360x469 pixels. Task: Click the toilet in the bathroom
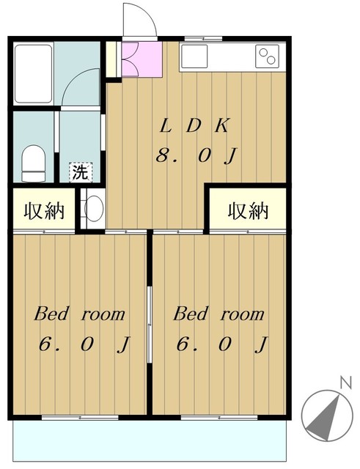pos(34,163)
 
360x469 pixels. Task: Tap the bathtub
pos(33,73)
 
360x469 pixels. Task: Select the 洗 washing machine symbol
pos(81,172)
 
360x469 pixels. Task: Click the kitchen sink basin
pos(194,56)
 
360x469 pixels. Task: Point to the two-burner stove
pos(267,56)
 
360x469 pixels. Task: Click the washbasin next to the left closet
pos(93,208)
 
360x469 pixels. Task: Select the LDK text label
pos(195,125)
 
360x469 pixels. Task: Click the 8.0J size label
pos(196,155)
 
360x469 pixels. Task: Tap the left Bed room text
pos(79,314)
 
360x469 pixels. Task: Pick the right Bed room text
pos(218,314)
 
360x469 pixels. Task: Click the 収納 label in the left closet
pos(44,211)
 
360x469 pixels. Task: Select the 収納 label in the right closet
pos(248,211)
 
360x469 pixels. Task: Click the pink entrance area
pos(142,59)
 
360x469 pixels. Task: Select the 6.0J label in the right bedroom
pos(221,344)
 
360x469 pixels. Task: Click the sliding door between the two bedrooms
pos(150,325)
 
